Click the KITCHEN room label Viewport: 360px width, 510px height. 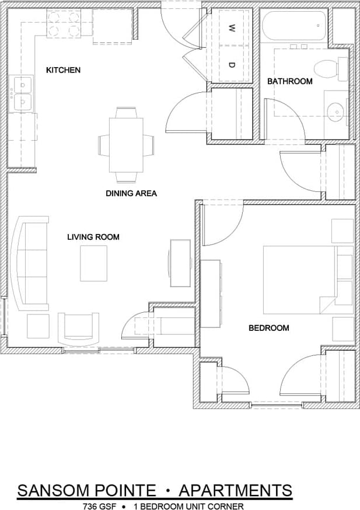(x=63, y=70)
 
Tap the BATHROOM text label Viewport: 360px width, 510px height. (x=289, y=81)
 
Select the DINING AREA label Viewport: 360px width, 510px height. (x=131, y=193)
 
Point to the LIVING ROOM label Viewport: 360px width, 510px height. (x=93, y=237)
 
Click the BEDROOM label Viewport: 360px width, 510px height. (x=269, y=328)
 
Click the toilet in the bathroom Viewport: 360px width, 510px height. (x=328, y=69)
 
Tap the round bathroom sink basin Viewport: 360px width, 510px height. (x=335, y=111)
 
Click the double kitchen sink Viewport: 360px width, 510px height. (x=22, y=93)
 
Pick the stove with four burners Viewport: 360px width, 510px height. (x=63, y=24)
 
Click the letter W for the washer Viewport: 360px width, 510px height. (x=232, y=27)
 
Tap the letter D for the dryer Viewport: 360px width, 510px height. (x=232, y=64)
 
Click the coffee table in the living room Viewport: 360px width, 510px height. (x=93, y=263)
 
